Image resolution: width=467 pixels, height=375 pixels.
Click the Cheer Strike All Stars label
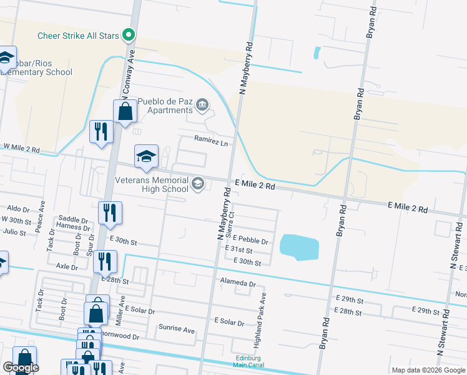click(x=78, y=36)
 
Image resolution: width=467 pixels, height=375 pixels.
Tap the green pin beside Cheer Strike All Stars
click(x=129, y=34)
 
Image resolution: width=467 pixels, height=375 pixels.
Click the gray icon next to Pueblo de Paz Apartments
click(x=202, y=104)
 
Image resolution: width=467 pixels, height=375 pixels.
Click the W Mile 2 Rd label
click(x=21, y=149)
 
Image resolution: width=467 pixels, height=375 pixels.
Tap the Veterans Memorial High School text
click(x=152, y=184)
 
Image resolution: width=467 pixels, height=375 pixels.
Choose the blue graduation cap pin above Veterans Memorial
click(x=147, y=157)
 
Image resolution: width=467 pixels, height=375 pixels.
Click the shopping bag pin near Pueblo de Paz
click(x=125, y=112)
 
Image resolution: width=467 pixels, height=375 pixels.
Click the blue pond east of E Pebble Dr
click(x=300, y=247)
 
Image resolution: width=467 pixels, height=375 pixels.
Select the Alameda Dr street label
click(x=238, y=283)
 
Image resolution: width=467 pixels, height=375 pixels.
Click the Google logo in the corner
click(x=21, y=367)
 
